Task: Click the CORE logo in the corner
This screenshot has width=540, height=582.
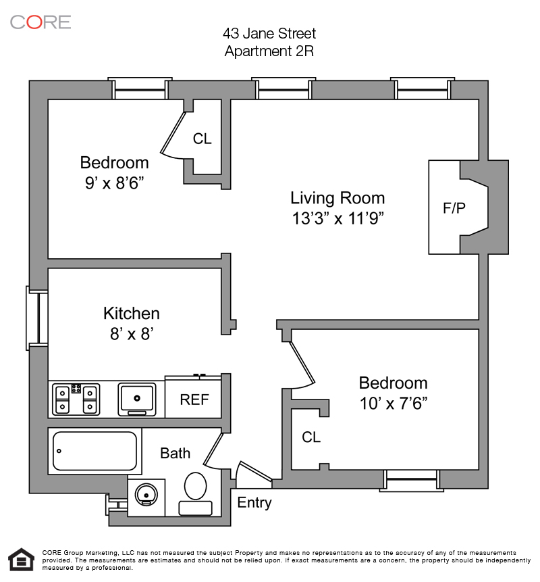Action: [x=40, y=22]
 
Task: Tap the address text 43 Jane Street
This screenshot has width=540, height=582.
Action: [x=269, y=33]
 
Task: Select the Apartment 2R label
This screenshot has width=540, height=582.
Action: [x=269, y=51]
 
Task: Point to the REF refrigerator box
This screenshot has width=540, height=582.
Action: [x=194, y=399]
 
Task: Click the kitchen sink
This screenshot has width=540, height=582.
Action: [x=137, y=399]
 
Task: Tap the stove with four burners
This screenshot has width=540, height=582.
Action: [x=76, y=399]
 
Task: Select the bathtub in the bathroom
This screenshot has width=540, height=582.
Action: [x=95, y=452]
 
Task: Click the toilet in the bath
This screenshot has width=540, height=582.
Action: [x=196, y=486]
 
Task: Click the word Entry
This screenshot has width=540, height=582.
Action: [x=254, y=503]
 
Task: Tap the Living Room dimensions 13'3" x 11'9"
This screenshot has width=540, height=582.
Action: [x=337, y=218]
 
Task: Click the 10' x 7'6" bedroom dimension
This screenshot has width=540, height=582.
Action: [x=393, y=403]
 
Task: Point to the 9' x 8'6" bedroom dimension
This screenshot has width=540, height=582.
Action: [x=114, y=182]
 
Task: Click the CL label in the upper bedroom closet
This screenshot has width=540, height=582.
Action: [x=202, y=139]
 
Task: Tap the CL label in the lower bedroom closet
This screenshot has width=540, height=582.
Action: [x=311, y=437]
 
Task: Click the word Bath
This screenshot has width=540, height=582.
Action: [x=175, y=453]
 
